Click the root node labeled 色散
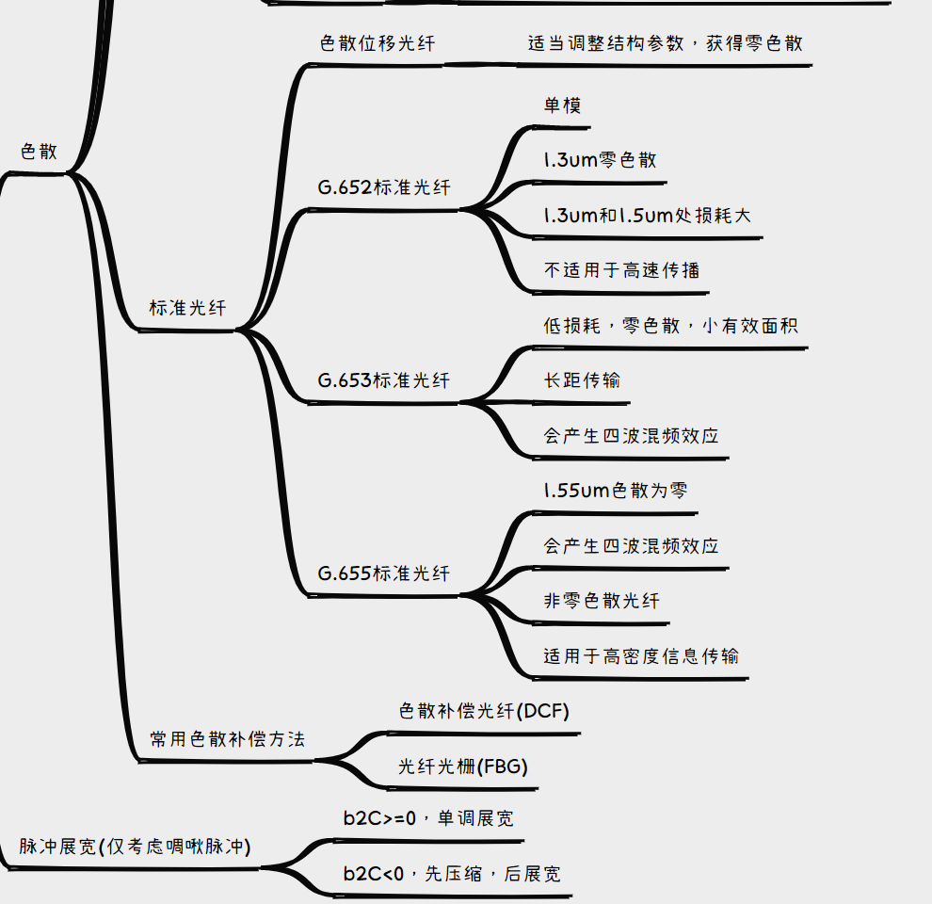39,152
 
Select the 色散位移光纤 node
378,43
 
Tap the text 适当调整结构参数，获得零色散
666,43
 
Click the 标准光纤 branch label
187,308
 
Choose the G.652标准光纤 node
384,187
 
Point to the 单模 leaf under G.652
562,105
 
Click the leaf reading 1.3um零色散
600,160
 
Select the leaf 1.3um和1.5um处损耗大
647,216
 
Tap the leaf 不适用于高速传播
621,270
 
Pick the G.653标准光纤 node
384,380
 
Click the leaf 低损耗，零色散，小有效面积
670,326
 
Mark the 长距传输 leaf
582,380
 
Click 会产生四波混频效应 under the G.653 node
631,436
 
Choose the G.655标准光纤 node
384,573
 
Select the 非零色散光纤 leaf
602,601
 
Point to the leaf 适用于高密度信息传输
641,655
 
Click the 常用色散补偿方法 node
228,739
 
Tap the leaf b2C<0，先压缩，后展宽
452,874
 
